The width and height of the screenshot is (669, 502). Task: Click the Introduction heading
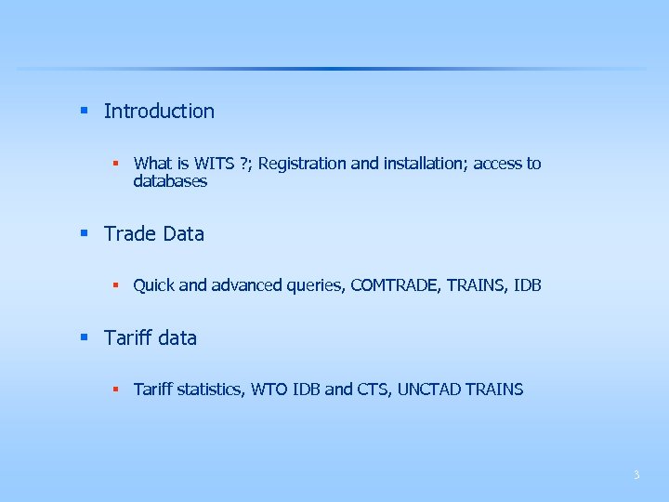pos(159,112)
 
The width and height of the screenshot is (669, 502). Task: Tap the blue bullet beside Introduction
pos(84,111)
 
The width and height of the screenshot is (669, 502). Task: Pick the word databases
pos(170,181)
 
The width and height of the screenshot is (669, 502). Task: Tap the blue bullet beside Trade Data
pos(84,233)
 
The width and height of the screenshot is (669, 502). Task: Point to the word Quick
pos(153,285)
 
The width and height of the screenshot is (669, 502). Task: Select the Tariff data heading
pos(151,338)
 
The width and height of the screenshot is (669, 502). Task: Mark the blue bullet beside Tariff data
pos(84,337)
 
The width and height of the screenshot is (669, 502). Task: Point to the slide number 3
pos(636,475)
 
